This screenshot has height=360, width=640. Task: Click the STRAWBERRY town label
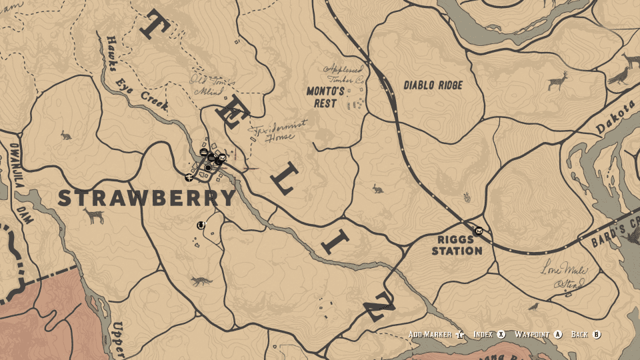(x=147, y=198)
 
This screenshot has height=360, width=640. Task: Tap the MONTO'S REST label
(x=326, y=97)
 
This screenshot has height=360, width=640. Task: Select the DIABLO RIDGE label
(x=433, y=85)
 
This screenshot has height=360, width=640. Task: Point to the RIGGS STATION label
(x=457, y=245)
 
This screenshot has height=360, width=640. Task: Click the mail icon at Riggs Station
(x=479, y=231)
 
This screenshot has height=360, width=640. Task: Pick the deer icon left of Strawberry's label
(x=94, y=215)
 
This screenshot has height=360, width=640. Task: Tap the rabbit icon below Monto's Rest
(x=377, y=189)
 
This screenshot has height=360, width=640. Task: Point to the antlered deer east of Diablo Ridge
(x=557, y=81)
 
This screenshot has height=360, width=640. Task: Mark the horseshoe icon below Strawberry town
(x=200, y=225)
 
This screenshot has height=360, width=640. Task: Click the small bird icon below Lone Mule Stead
(x=533, y=307)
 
